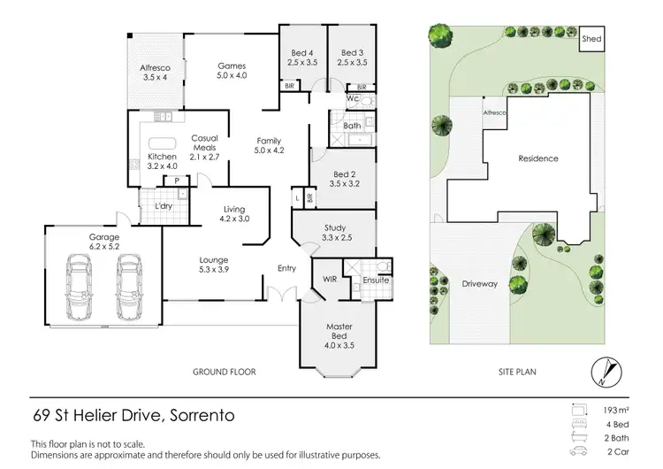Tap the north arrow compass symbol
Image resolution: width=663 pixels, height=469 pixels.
coord(603,369)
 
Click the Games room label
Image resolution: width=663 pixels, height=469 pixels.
coord(232,71)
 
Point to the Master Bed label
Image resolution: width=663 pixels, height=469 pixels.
coord(339,332)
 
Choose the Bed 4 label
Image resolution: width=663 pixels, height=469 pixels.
coord(302,58)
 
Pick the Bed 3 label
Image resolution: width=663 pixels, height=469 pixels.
coord(353,58)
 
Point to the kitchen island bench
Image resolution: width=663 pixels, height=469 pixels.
coord(162,143)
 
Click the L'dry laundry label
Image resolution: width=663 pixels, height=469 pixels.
coord(163,206)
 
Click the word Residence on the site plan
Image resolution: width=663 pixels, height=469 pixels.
coord(537,158)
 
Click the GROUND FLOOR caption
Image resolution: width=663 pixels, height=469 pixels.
coord(225,373)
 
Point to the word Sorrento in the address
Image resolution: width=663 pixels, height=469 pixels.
coord(194,414)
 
